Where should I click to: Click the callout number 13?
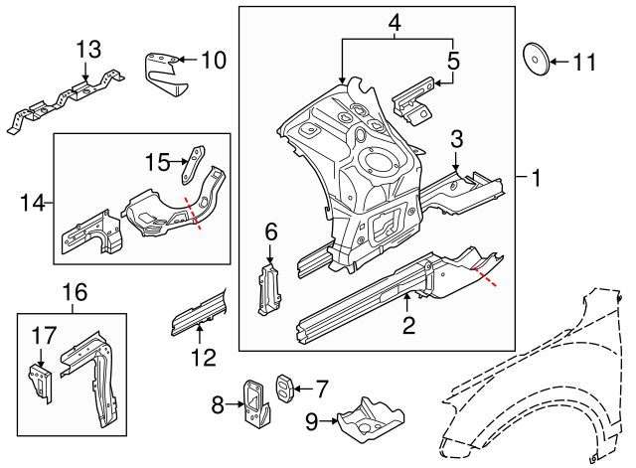pyautogui.click(x=88, y=49)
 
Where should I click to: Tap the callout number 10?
pyautogui.click(x=214, y=61)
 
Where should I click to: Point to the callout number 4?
pyautogui.click(x=395, y=22)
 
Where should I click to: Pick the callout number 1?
pyautogui.click(x=536, y=179)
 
